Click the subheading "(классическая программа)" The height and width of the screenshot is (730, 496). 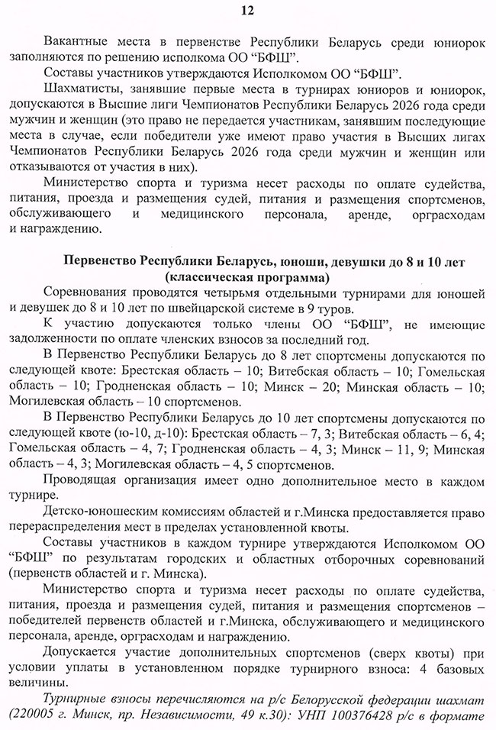pyautogui.click(x=247, y=277)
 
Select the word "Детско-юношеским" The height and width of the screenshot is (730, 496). pyautogui.click(x=101, y=515)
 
